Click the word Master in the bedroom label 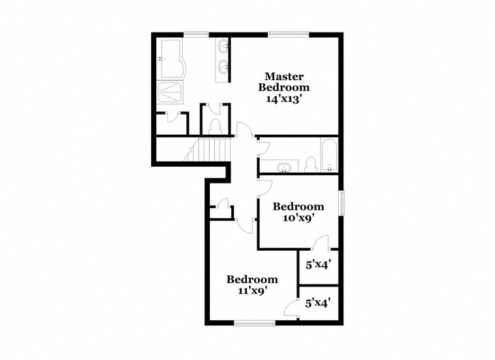click(x=284, y=75)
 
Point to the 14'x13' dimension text click(x=284, y=99)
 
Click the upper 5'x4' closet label click(x=319, y=265)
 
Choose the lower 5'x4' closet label click(x=319, y=303)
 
